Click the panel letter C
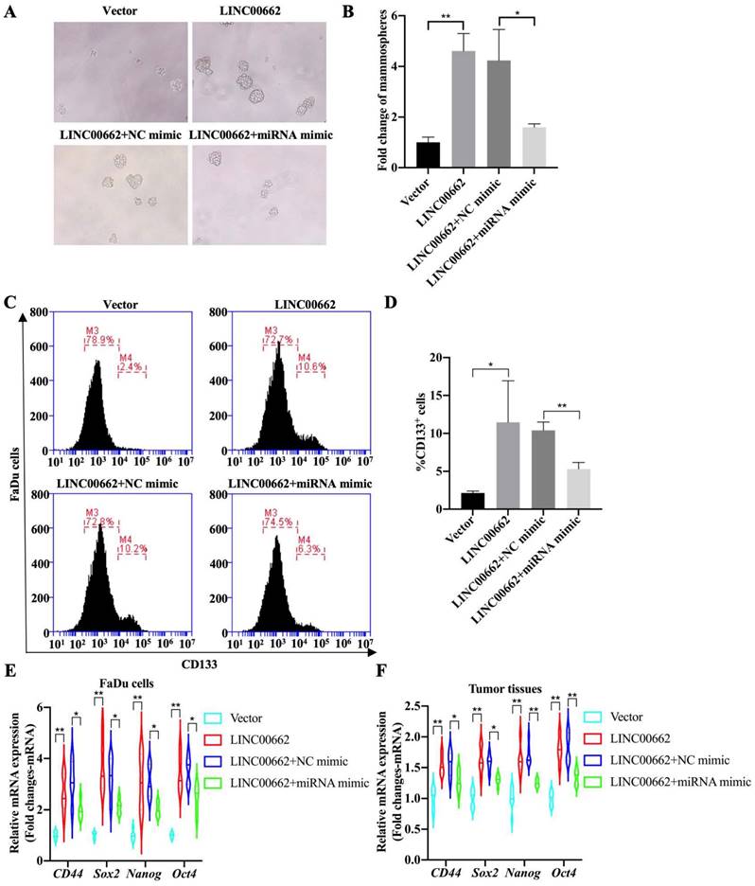(9, 303)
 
